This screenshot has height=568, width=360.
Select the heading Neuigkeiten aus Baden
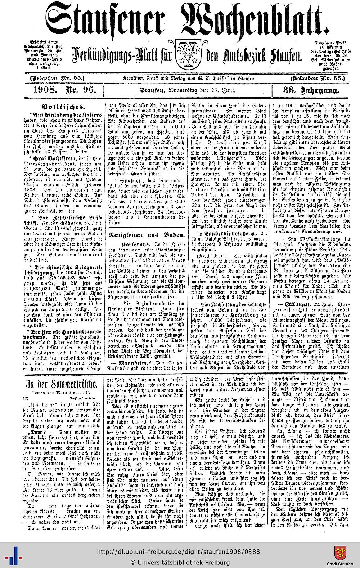tap(147, 235)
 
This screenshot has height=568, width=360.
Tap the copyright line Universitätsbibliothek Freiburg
tap(180, 562)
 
